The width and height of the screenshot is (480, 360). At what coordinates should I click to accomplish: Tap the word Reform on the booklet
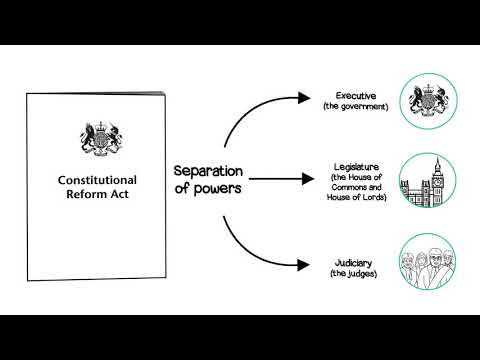pyautogui.click(x=76, y=196)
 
